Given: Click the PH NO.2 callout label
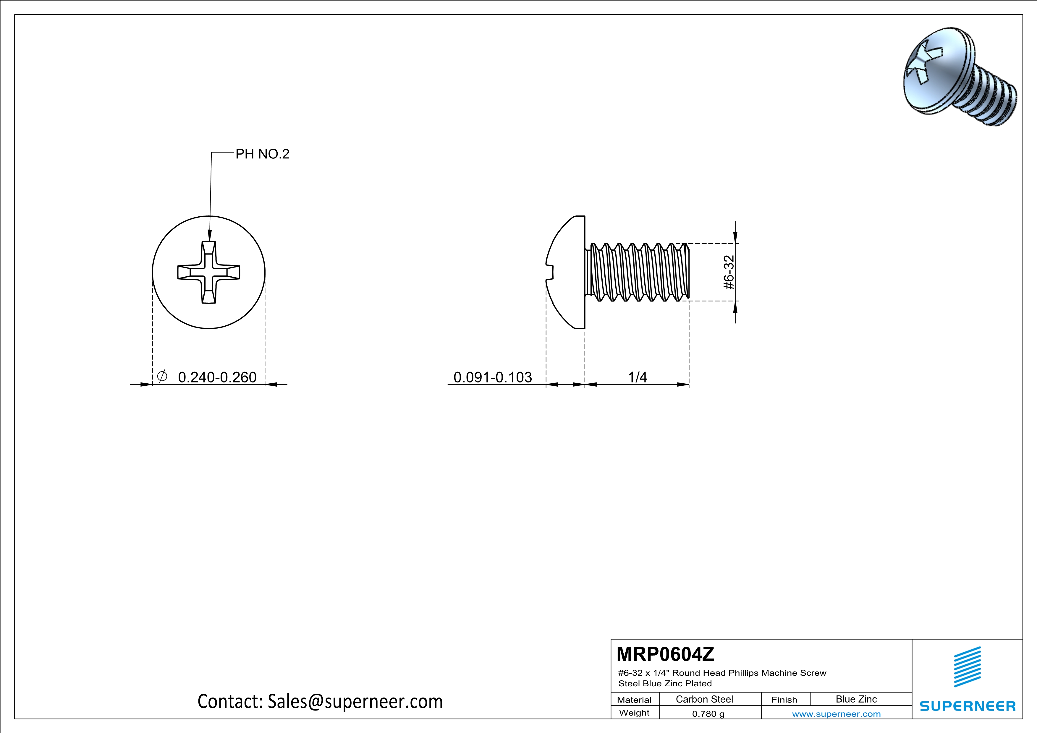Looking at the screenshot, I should coord(262,154).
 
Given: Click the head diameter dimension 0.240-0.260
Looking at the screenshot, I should coord(217,377).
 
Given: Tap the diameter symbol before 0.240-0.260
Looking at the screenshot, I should coord(162,376).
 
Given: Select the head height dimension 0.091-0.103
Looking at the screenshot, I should coord(492,377).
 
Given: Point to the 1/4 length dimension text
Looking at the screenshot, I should coord(637,377).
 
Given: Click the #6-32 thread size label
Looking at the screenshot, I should coord(729,272).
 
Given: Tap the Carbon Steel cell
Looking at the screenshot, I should coord(704,699).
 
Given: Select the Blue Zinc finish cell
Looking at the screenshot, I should coord(856,699).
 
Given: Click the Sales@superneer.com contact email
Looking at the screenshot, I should coord(355,701).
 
